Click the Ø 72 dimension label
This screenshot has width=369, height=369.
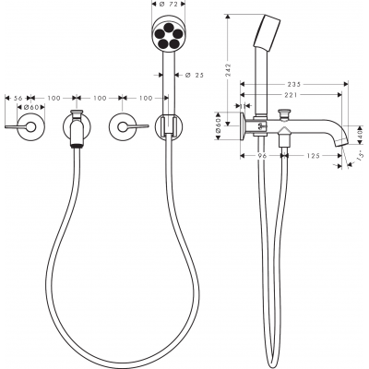(x=168, y=4)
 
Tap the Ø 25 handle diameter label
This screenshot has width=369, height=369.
(x=195, y=75)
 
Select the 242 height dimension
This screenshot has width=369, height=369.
(x=228, y=69)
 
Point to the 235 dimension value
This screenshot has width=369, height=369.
(x=293, y=84)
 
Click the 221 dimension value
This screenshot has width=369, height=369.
(x=291, y=95)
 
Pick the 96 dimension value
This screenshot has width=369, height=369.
(x=261, y=156)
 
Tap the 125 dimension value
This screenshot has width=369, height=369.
(x=314, y=156)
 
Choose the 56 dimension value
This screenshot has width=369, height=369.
(x=18, y=98)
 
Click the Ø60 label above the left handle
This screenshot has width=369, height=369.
(x=30, y=107)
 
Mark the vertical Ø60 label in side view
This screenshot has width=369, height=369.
(x=218, y=126)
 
